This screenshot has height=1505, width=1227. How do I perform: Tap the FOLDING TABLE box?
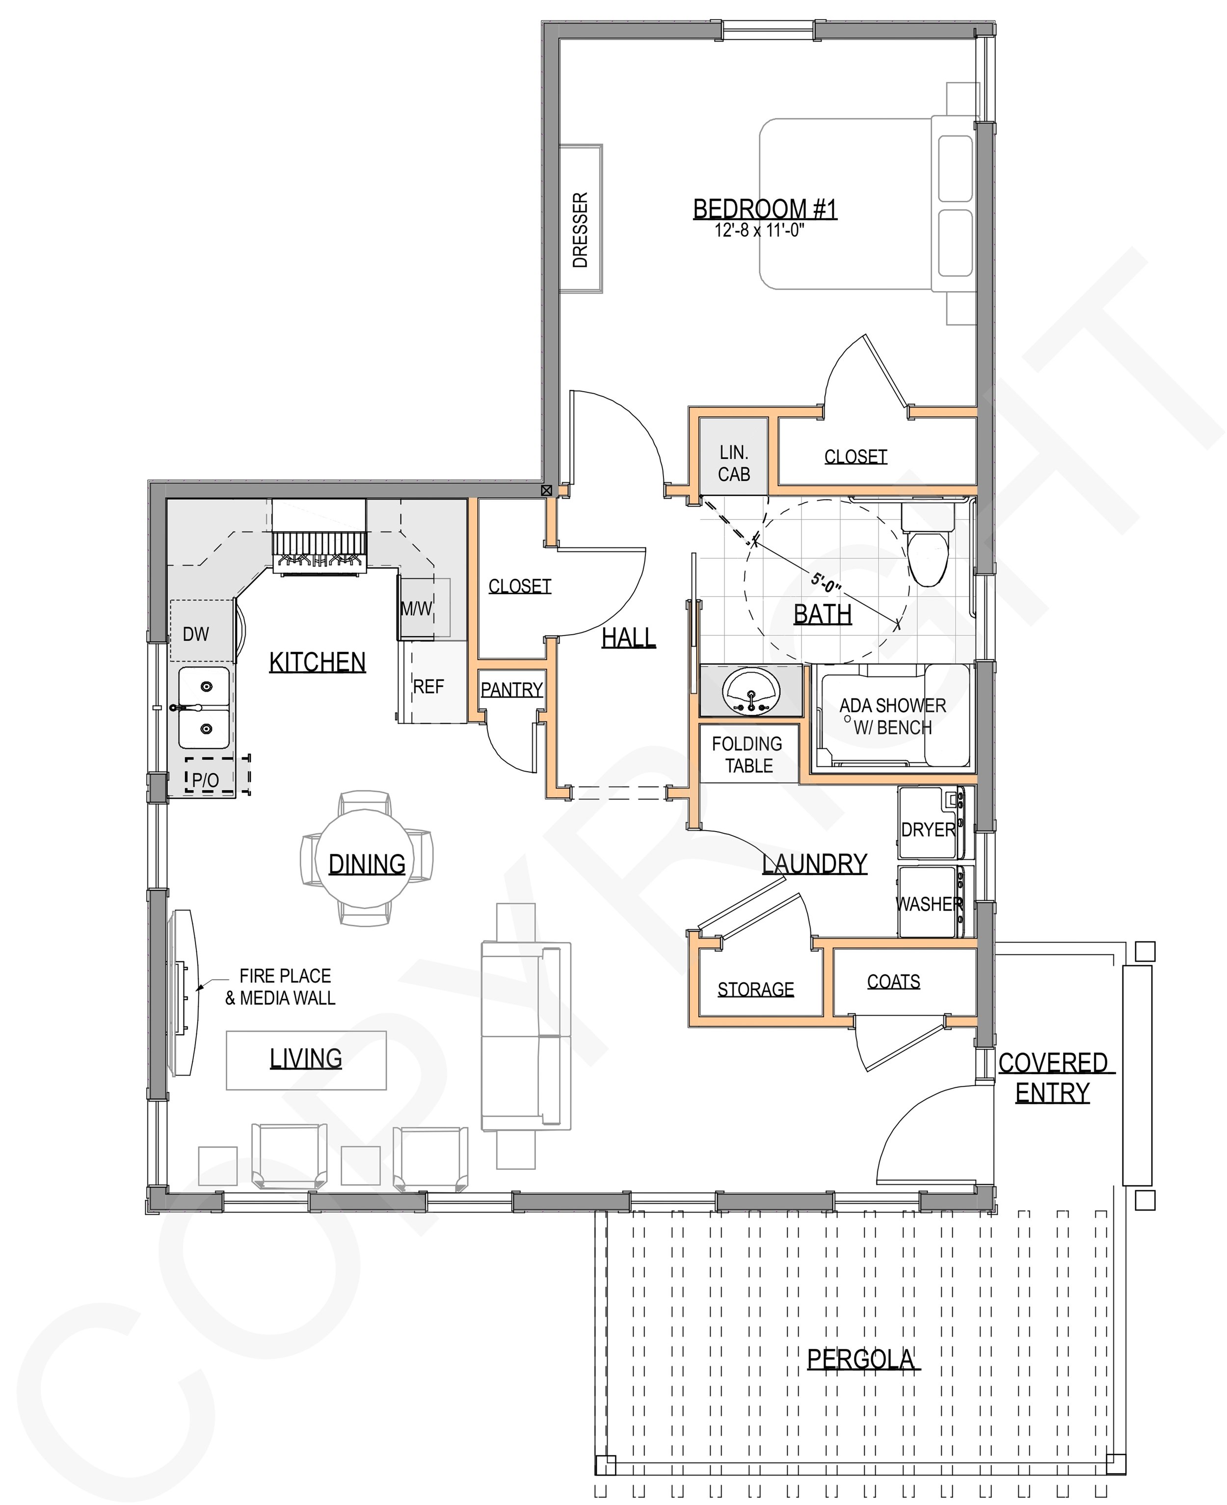pyautogui.click(x=748, y=754)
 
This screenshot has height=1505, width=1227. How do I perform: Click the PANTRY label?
pyautogui.click(x=512, y=689)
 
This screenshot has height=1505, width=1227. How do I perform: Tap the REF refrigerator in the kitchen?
pyautogui.click(x=429, y=686)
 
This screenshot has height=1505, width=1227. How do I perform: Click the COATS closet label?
pyautogui.click(x=893, y=982)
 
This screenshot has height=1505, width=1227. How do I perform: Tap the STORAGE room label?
pyautogui.click(x=755, y=989)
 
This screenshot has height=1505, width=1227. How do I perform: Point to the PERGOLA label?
pyautogui.click(x=861, y=1359)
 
